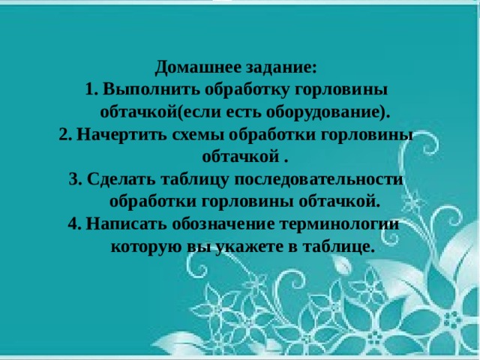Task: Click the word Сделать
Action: pos(121,179)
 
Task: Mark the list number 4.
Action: pos(73,223)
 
